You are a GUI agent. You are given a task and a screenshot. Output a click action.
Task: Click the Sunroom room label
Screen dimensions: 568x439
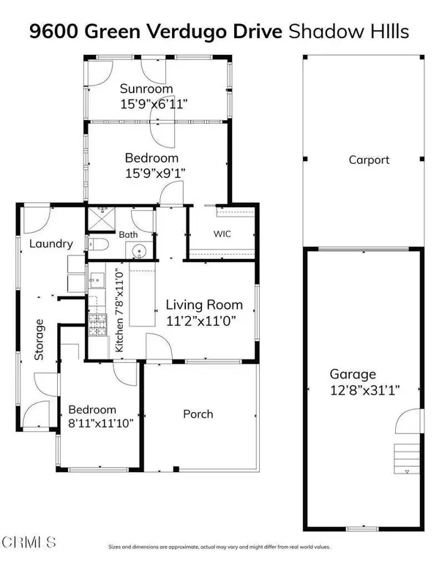pos(146,89)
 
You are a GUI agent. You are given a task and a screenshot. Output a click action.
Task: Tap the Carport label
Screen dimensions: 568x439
pos(369,160)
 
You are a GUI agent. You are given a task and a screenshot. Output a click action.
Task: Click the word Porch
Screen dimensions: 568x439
pos(198,414)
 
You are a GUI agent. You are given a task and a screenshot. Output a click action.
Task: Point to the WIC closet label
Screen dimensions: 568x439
pos(222,236)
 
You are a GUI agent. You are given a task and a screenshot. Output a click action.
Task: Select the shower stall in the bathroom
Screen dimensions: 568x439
pos(100,219)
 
